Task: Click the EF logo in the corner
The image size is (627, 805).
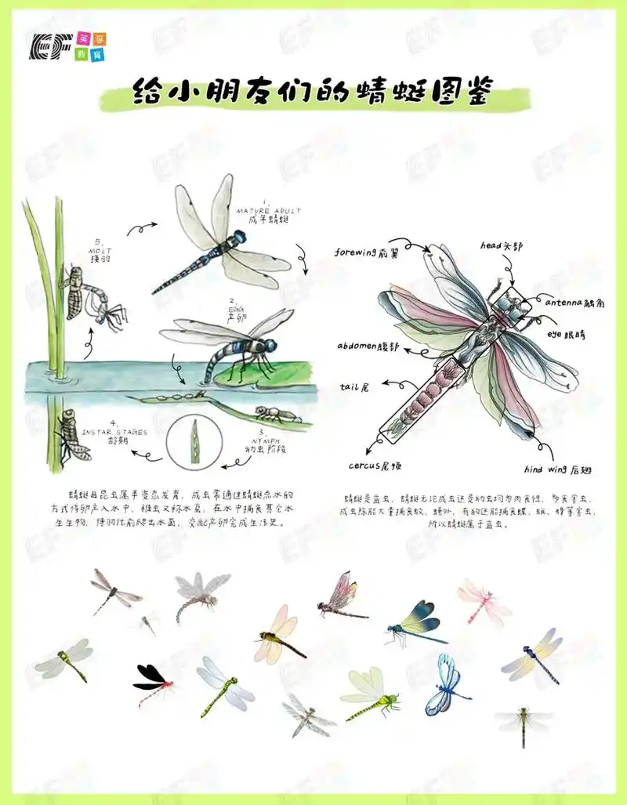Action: tap(67, 46)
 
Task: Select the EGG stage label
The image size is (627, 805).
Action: tap(233, 309)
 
